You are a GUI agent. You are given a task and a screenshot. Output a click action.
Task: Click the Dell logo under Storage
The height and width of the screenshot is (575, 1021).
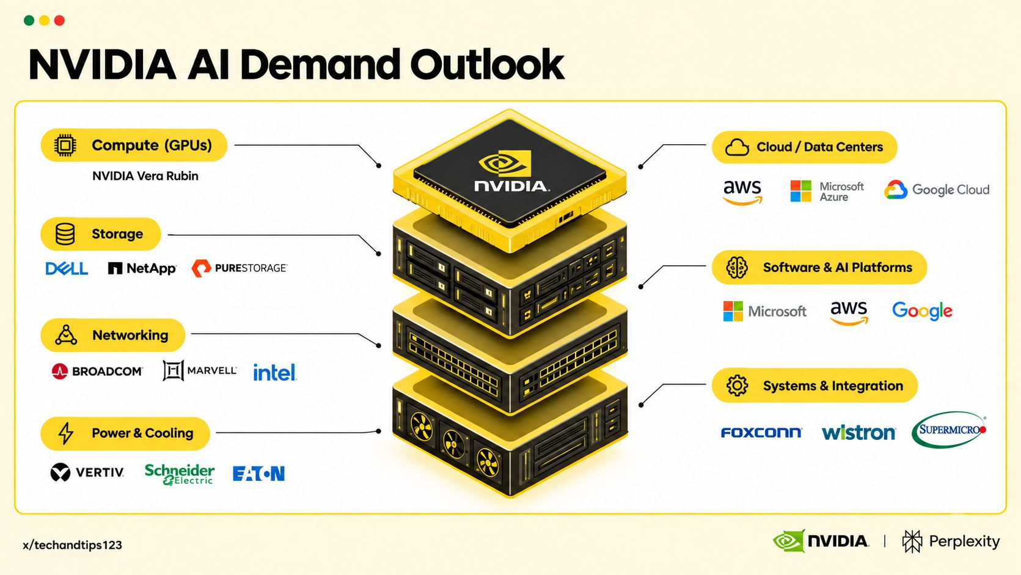click(x=67, y=268)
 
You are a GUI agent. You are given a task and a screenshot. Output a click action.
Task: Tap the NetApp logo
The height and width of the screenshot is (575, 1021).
click(x=142, y=268)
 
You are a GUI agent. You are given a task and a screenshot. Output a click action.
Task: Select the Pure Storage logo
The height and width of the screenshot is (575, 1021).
click(x=240, y=268)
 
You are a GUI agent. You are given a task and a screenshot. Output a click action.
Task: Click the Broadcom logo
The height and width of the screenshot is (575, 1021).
click(x=97, y=371)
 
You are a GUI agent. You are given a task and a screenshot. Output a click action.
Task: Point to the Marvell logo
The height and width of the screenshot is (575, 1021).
click(x=200, y=370)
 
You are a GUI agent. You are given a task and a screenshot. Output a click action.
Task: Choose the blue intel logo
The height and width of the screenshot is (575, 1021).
click(x=274, y=372)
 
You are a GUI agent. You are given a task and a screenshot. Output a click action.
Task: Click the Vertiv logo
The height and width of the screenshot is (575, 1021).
click(x=87, y=472)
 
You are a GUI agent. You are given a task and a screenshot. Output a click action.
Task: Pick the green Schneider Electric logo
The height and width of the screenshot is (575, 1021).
click(x=179, y=474)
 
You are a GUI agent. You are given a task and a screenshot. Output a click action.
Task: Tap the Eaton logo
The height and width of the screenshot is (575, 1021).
click(x=258, y=474)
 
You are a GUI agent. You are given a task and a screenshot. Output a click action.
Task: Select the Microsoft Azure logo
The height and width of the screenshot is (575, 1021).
click(x=827, y=191)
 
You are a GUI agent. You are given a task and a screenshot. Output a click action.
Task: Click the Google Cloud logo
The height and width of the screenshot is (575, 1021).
click(x=937, y=189)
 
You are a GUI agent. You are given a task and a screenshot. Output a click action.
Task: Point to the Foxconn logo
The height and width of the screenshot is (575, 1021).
click(x=761, y=432)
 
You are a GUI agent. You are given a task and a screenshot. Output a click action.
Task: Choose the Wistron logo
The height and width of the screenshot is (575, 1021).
click(x=858, y=432)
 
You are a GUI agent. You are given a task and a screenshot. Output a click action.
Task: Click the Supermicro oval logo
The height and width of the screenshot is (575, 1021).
click(x=949, y=430)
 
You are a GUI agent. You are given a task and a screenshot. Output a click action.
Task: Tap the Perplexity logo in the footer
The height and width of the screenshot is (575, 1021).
click(x=951, y=541)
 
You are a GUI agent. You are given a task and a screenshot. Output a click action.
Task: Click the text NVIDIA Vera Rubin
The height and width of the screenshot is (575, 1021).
click(x=145, y=176)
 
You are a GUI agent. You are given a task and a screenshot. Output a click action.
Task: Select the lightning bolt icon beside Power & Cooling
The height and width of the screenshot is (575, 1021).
click(x=66, y=433)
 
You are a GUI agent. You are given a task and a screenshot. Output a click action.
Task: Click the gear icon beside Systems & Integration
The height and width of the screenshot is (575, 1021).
click(x=737, y=386)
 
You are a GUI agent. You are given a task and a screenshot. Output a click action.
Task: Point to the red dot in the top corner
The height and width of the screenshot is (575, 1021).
click(x=59, y=21)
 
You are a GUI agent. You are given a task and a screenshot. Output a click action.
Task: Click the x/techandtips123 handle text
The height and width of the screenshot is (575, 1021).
click(x=73, y=545)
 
